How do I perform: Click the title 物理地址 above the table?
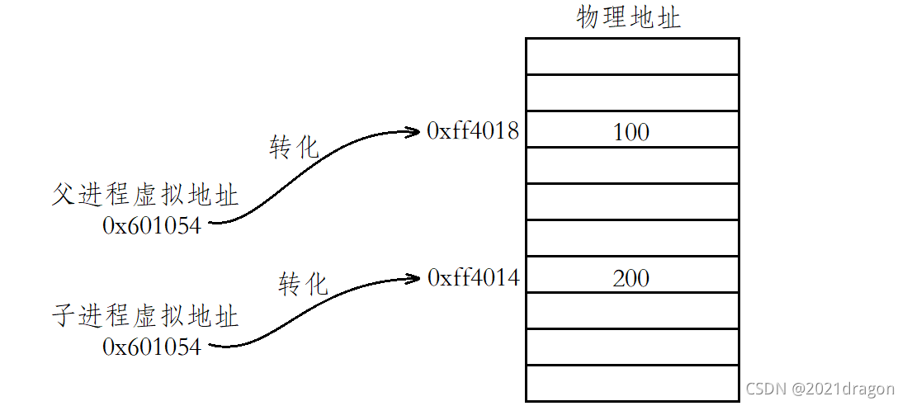pos(629,17)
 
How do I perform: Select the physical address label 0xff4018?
pos(473,130)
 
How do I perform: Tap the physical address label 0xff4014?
pos(474,277)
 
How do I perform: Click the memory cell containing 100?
pos(632,130)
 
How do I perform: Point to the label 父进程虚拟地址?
pos(145,196)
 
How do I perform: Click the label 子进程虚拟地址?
pos(145,316)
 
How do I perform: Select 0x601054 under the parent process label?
pos(152,225)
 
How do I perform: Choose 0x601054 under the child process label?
pos(152,347)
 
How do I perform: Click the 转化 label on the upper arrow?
pos(294,147)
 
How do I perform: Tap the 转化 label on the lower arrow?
pos(303,285)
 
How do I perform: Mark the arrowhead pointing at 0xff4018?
pos(415,130)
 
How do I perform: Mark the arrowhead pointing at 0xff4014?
pos(415,277)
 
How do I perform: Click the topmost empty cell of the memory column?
pos(632,56)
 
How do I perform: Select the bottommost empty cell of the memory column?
pos(632,384)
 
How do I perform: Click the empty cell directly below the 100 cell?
pos(632,166)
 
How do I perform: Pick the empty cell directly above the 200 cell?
pos(632,238)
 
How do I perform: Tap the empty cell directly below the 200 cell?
pos(632,311)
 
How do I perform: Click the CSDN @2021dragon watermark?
pos(820,389)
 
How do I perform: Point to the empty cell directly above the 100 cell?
pos(632,93)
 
